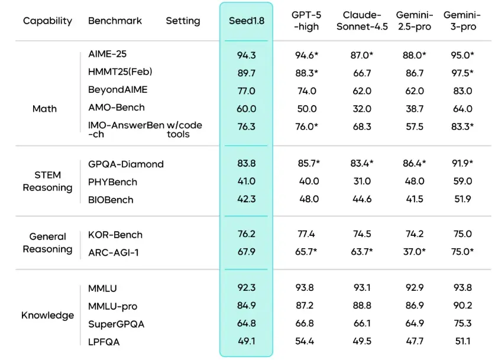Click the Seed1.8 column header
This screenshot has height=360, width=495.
[246, 21]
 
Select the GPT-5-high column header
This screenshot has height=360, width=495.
[306, 21]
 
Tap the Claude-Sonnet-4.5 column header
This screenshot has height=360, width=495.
[360, 21]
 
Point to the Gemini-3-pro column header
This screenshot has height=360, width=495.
[462, 21]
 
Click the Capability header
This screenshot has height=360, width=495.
[47, 21]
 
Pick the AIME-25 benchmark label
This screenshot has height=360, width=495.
[107, 55]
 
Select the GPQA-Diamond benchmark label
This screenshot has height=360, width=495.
[125, 164]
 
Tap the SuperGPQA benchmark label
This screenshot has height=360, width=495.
[116, 324]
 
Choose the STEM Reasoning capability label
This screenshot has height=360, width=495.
[47, 181]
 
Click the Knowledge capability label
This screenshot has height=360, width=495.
[47, 315]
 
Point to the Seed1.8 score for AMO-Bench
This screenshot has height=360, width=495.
[246, 109]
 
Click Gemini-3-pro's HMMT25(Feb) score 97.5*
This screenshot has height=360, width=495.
[462, 73]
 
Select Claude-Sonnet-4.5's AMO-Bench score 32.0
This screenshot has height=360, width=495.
[360, 109]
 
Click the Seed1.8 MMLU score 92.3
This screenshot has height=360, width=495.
[246, 288]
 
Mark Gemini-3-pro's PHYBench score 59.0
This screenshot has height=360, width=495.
[462, 181]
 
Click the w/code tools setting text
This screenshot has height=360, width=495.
[184, 129]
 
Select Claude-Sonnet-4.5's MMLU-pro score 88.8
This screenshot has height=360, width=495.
[360, 306]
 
